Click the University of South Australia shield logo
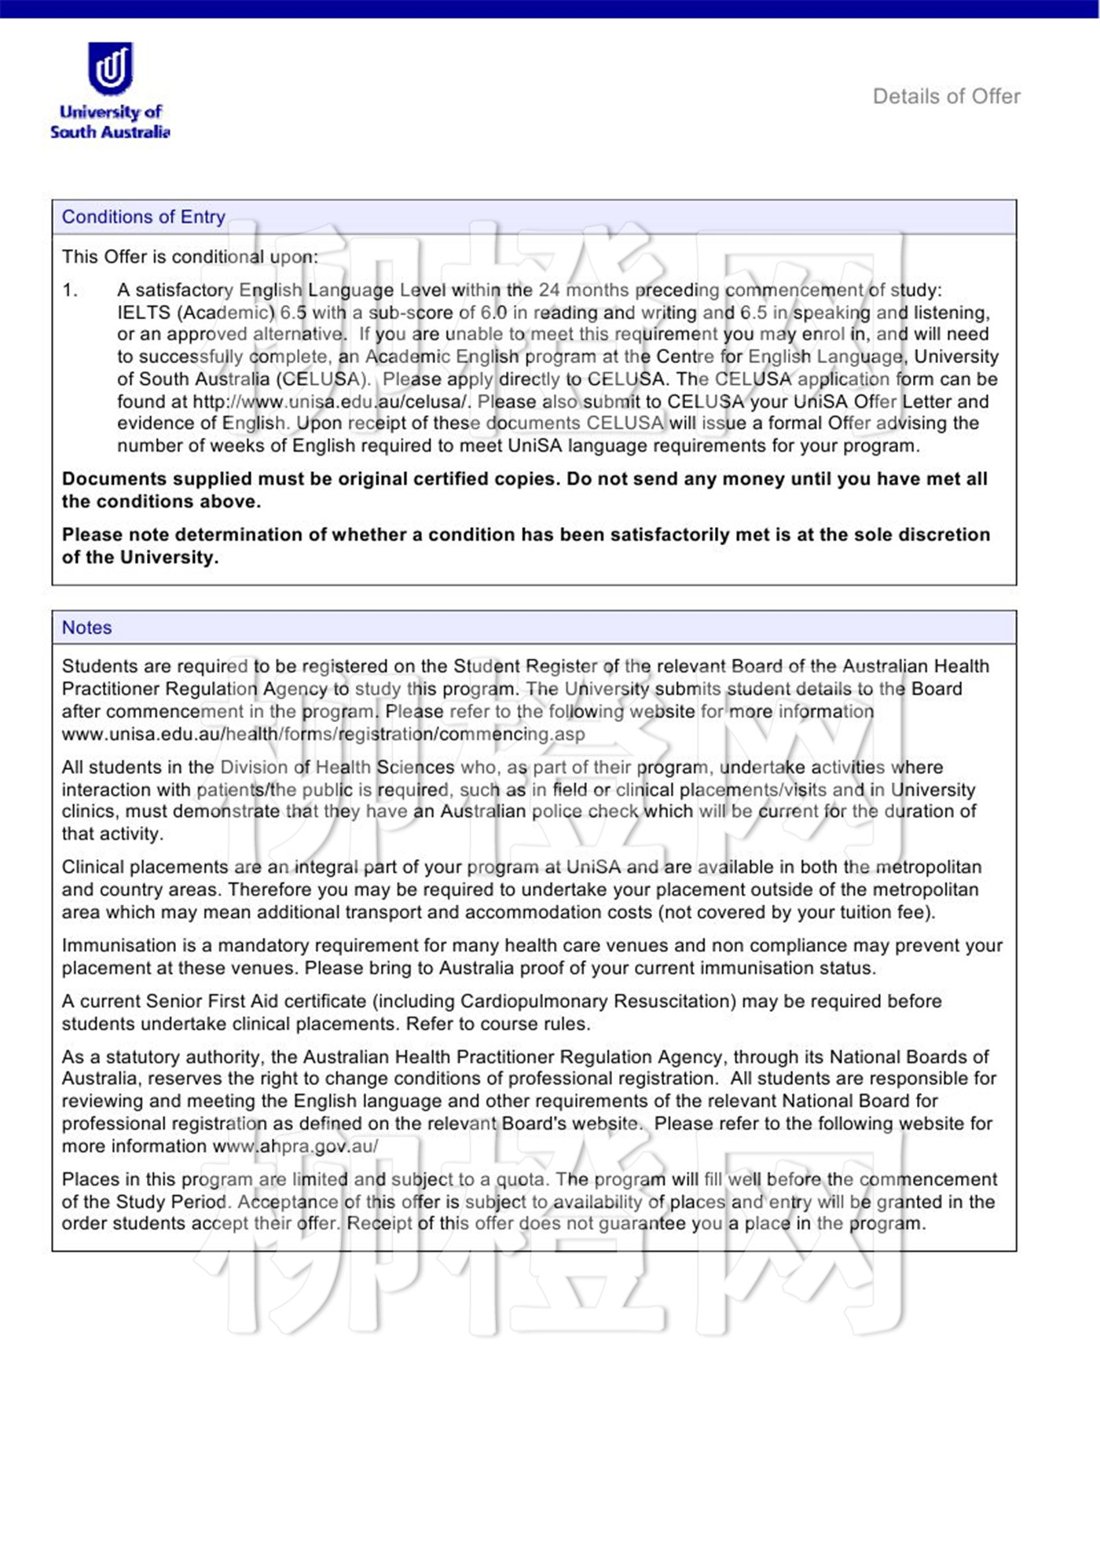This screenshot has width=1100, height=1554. tap(110, 68)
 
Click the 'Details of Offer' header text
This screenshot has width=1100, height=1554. tap(946, 97)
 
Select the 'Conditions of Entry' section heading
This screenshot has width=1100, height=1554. tap(143, 217)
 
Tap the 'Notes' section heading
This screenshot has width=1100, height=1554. tap(86, 628)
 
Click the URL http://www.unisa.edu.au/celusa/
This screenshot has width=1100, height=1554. tap(331, 401)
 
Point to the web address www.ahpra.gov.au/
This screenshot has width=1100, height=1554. tap(295, 1146)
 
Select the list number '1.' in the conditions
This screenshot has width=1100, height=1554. tap(70, 290)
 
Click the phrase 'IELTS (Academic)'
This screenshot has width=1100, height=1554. tap(196, 313)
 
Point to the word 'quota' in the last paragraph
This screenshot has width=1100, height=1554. tap(519, 1180)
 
